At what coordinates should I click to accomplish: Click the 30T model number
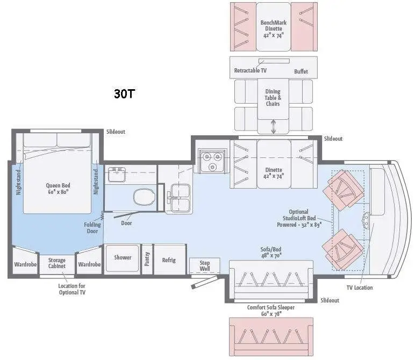(x=124, y=93)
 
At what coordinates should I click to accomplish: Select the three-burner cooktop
(x=212, y=161)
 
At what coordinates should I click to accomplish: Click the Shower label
(x=123, y=257)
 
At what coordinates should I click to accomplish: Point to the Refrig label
(x=169, y=260)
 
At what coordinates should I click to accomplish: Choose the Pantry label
(x=147, y=259)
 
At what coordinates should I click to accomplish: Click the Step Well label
(x=205, y=266)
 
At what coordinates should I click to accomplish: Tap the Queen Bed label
(x=58, y=189)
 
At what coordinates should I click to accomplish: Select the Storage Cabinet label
(x=56, y=263)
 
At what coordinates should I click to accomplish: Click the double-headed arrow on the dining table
(x=274, y=126)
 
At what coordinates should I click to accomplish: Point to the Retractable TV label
(x=250, y=70)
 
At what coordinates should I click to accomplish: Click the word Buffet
(x=301, y=71)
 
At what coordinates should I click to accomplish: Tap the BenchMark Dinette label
(x=274, y=29)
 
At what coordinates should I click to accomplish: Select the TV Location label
(x=360, y=287)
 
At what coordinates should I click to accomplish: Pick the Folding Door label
(x=92, y=228)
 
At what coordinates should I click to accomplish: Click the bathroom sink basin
(x=117, y=174)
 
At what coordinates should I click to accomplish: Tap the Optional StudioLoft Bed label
(x=299, y=218)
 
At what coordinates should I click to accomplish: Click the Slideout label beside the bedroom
(x=116, y=132)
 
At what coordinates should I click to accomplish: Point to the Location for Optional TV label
(x=71, y=289)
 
